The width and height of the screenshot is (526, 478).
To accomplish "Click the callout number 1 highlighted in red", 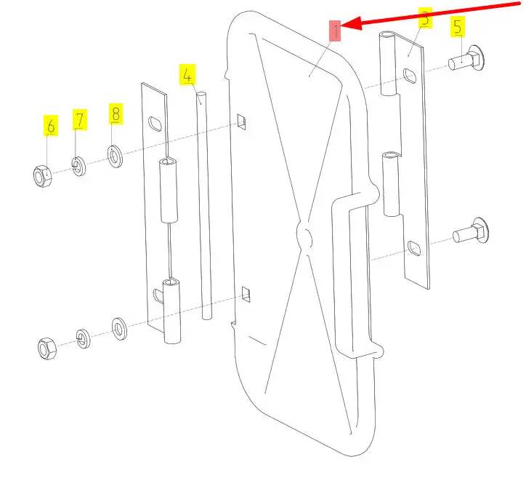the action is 335,31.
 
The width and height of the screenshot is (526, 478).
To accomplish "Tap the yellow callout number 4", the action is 187,74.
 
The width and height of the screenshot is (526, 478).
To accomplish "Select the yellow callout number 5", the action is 458,26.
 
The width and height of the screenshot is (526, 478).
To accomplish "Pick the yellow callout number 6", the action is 51,126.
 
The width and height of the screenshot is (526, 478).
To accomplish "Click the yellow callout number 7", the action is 80,119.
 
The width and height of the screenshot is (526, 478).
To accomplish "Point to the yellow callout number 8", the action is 116,114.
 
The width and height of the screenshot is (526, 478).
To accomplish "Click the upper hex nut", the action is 43,176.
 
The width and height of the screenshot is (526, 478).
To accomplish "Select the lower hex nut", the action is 47,348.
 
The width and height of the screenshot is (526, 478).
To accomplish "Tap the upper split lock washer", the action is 79,167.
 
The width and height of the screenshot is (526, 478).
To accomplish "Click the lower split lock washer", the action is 83,338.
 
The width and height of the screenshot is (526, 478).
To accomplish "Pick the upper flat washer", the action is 115,156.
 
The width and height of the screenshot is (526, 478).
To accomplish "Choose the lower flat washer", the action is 119,329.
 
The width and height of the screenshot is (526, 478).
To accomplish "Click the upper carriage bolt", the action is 466,60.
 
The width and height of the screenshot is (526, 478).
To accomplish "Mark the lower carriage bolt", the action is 471,232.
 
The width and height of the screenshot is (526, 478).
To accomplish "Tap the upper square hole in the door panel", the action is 241,122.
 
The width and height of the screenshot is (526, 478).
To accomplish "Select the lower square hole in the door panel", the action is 246,294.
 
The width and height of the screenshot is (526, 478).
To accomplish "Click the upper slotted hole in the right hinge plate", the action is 410,76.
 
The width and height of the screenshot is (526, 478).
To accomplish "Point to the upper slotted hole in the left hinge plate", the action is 155,124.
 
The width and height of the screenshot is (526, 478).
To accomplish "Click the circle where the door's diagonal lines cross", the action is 304,236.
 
